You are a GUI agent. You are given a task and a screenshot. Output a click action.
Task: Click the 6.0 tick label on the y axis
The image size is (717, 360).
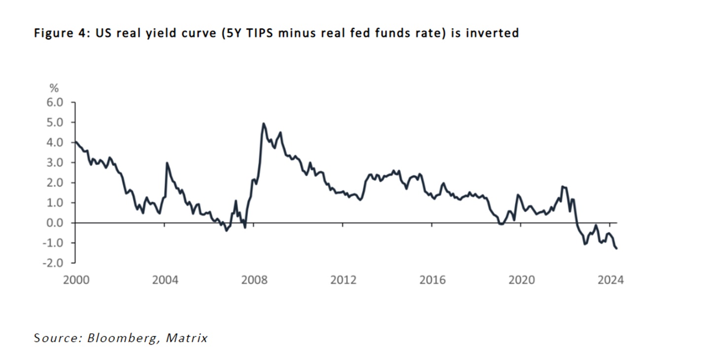pyautogui.click(x=56, y=102)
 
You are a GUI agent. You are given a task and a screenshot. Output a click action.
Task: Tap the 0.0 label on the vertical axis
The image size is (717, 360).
pyautogui.click(x=56, y=223)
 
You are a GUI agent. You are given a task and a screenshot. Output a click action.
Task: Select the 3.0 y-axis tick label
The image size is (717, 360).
pyautogui.click(x=56, y=163)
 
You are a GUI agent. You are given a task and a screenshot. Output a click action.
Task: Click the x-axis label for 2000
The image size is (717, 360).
pyautogui.click(x=76, y=280)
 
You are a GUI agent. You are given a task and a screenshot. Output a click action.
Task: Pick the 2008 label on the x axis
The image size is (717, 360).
pyautogui.click(x=254, y=280)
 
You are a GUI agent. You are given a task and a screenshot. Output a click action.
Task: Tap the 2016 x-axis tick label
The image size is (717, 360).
pyautogui.click(x=432, y=280)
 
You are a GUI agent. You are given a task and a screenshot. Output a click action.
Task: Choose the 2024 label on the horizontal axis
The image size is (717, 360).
pyautogui.click(x=611, y=280)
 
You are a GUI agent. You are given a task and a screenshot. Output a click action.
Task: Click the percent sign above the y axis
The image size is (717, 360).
pyautogui.click(x=54, y=89)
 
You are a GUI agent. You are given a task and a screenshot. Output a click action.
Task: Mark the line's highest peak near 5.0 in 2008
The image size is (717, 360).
pyautogui.click(x=264, y=124)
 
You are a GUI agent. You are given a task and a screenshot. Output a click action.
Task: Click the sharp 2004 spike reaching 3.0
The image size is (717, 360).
pyautogui.click(x=167, y=163)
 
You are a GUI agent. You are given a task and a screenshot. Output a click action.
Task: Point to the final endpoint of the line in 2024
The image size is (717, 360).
pyautogui.click(x=617, y=249)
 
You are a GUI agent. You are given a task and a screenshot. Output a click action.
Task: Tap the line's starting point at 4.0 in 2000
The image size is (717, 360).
pyautogui.click(x=74, y=142)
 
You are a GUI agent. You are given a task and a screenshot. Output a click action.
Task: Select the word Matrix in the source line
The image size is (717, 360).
pyautogui.click(x=187, y=338)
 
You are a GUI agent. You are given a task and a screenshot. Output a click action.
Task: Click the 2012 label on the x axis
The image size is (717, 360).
pyautogui.click(x=343, y=280)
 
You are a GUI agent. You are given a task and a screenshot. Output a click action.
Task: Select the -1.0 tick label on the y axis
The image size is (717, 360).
pyautogui.click(x=54, y=243)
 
